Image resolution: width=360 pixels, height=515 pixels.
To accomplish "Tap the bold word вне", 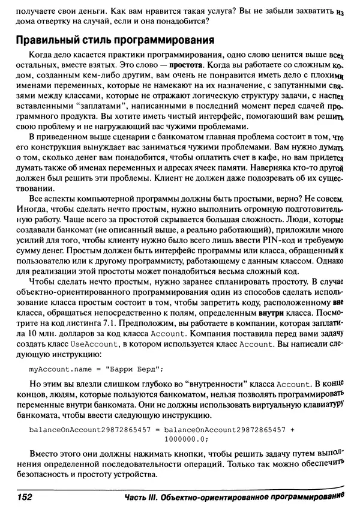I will click(338, 304).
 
